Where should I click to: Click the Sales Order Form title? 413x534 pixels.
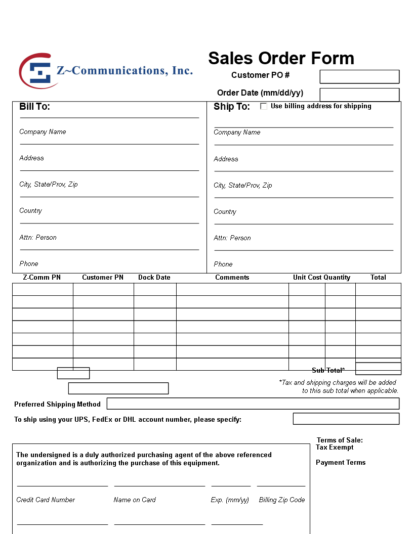pyautogui.click(x=281, y=59)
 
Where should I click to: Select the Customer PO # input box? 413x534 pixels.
pyautogui.click(x=359, y=77)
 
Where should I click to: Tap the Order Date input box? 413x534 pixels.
pyautogui.click(x=359, y=95)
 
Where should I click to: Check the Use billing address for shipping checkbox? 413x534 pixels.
pyautogui.click(x=264, y=106)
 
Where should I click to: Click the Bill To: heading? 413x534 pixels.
pyautogui.click(x=34, y=107)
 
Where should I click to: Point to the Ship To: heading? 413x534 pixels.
pyautogui.click(x=232, y=107)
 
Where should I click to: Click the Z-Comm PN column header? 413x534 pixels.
pyautogui.click(x=42, y=278)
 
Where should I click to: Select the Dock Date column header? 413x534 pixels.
pyautogui.click(x=154, y=278)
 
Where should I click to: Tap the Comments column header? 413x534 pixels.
pyautogui.click(x=232, y=278)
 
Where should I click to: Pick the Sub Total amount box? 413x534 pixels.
pyautogui.click(x=378, y=369)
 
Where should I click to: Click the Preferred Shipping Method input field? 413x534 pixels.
pyautogui.click(x=253, y=404)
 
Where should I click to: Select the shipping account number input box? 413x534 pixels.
pyautogui.click(x=346, y=419)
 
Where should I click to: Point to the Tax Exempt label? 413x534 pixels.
pyautogui.click(x=335, y=448)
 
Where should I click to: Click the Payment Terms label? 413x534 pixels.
pyautogui.click(x=341, y=463)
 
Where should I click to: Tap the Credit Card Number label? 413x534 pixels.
pyautogui.click(x=46, y=500)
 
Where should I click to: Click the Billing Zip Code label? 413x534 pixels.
pyautogui.click(x=282, y=500)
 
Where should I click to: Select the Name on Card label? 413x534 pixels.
pyautogui.click(x=135, y=500)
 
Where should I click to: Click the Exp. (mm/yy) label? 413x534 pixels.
pyautogui.click(x=230, y=500)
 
